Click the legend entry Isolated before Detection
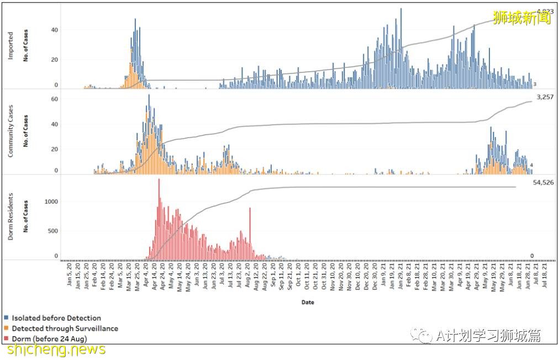click(x=56, y=318)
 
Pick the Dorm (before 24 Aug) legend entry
click(x=49, y=338)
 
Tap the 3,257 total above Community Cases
click(x=543, y=97)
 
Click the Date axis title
click(x=308, y=302)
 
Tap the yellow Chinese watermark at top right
click(x=522, y=17)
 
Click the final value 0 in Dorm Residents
click(x=532, y=256)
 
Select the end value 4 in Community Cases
click(x=531, y=166)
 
